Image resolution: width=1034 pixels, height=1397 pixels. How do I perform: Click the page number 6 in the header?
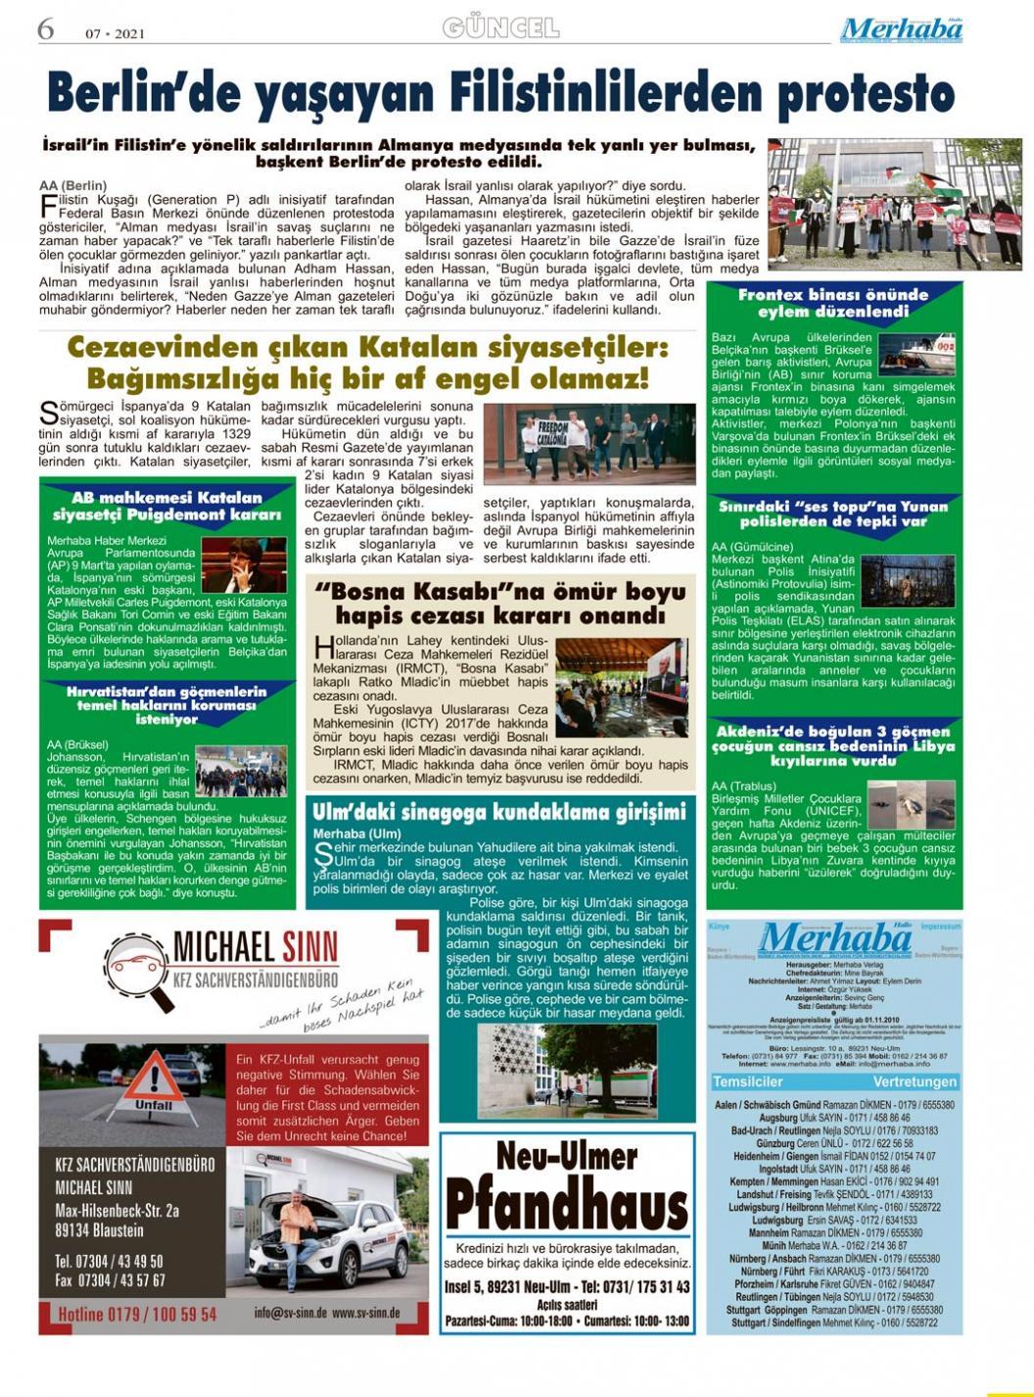(x=46, y=29)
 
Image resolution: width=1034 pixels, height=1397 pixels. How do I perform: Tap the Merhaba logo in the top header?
(x=901, y=30)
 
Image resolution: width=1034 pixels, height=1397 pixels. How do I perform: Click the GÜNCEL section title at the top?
(x=500, y=28)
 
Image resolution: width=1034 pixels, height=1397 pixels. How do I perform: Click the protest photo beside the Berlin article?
(x=894, y=204)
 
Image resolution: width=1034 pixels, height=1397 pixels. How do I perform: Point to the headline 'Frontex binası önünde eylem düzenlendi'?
(x=833, y=303)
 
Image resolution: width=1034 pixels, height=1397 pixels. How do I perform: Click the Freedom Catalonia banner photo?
(x=589, y=444)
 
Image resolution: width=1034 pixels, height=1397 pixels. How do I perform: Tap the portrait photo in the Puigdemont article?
(x=244, y=563)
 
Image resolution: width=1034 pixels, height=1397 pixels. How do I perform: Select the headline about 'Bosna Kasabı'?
(x=500, y=603)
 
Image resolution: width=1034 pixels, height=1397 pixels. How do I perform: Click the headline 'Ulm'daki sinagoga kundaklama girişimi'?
(x=499, y=812)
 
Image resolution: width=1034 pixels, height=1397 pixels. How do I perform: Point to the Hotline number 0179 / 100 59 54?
(x=137, y=1314)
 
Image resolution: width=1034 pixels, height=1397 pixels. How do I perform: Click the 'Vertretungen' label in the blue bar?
(x=915, y=1082)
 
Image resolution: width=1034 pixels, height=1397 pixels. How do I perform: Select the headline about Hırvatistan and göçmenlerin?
(x=166, y=704)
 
